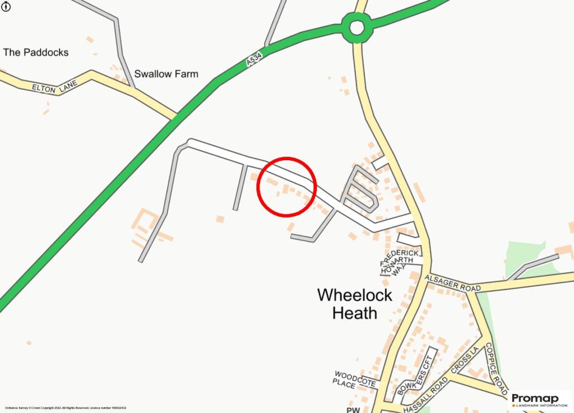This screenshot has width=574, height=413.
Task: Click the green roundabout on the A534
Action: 357,27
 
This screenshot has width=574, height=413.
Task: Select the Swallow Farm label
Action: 166,74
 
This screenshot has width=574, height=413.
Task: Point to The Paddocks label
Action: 36,52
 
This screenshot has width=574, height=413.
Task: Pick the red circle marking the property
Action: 287,187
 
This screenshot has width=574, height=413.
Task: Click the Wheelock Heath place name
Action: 355,303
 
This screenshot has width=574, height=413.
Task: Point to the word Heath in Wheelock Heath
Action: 355,313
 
